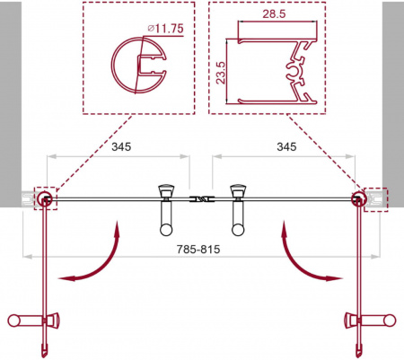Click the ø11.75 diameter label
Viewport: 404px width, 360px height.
pos(165,29)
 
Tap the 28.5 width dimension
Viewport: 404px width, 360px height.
pos(274,13)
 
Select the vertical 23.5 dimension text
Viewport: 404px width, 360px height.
pos(221,73)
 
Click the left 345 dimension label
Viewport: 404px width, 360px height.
pos(121,146)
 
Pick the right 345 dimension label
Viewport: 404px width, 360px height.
pos(286,146)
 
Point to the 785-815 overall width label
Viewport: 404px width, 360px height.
pos(198,249)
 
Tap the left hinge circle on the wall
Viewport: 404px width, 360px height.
pos(45,198)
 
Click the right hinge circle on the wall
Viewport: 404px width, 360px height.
pos(358,198)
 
